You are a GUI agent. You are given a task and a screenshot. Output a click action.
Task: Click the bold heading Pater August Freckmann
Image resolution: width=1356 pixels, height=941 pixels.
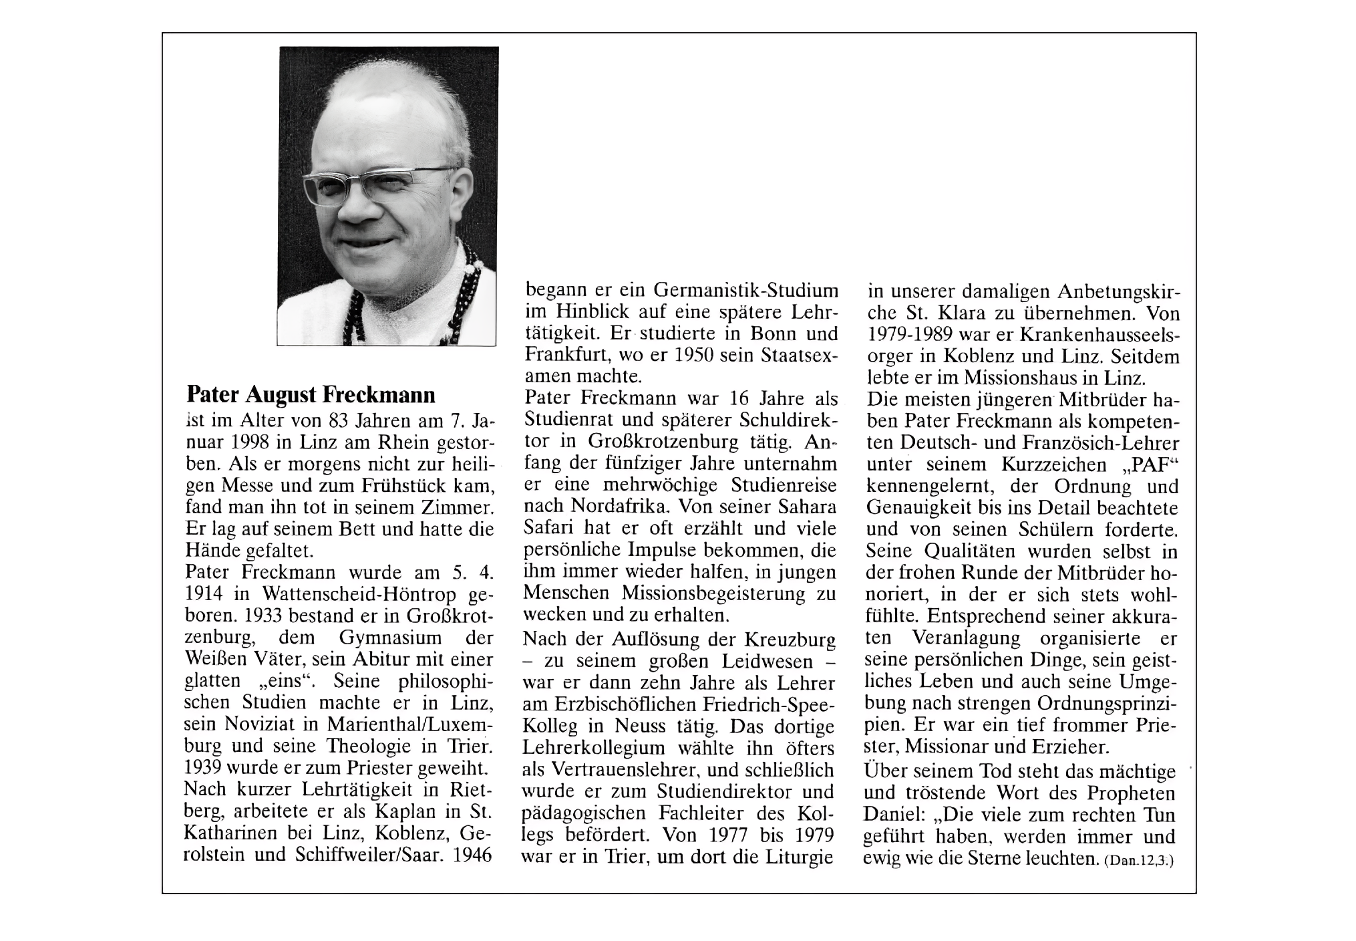[311, 395]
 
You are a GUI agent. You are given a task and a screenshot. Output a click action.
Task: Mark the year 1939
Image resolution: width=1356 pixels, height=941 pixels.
[205, 767]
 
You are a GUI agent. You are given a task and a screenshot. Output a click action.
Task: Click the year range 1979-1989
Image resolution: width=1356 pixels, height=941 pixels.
[914, 334]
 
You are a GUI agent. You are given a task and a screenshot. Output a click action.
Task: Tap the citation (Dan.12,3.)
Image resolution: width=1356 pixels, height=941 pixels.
[1139, 862]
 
